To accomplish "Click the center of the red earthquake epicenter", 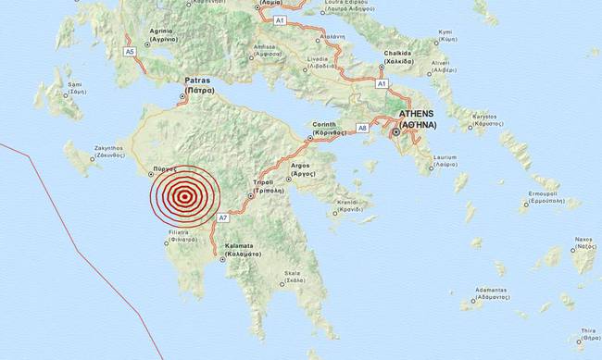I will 185,196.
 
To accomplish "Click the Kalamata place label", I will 235,249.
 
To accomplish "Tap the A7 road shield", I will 222,217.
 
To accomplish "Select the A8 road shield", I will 363,127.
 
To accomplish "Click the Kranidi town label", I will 349,205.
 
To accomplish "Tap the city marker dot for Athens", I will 396,133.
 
